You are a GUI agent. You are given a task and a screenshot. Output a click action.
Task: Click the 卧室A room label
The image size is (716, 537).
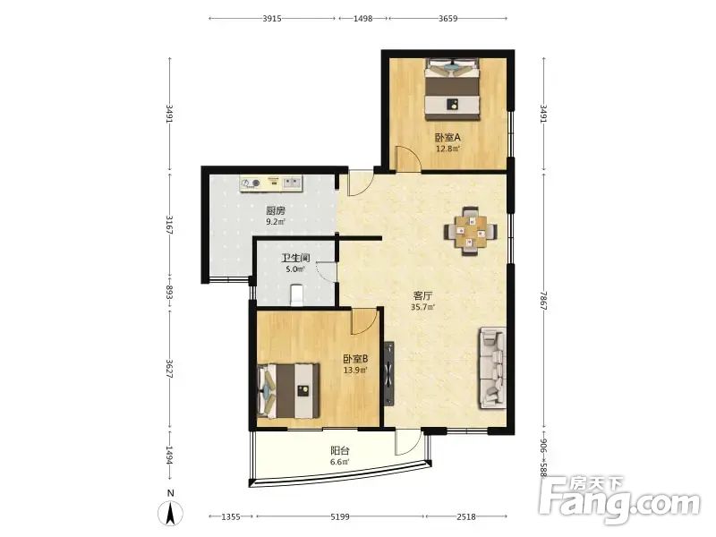pyautogui.click(x=447, y=137)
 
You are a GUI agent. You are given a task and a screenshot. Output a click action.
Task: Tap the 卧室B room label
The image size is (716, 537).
pyautogui.click(x=355, y=359)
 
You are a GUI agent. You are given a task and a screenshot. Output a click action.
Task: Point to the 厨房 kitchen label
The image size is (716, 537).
pyautogui.click(x=276, y=211)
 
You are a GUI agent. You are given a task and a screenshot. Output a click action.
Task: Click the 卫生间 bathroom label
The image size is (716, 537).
pyautogui.click(x=295, y=259)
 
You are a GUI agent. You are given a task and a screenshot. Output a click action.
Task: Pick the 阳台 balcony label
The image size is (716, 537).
pyautogui.click(x=340, y=451)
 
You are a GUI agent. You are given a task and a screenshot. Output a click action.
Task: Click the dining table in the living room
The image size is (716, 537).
pyautogui.click(x=471, y=231)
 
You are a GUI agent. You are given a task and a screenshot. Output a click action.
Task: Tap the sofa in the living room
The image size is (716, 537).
pyautogui.click(x=492, y=368)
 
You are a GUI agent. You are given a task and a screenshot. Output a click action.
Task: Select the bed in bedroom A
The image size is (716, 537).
pyautogui.click(x=453, y=89)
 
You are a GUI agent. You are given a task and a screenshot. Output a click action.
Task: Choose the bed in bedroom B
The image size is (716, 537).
pyautogui.click(x=288, y=390)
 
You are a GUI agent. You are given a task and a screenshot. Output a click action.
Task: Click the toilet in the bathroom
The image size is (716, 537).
pyautogui.click(x=297, y=294)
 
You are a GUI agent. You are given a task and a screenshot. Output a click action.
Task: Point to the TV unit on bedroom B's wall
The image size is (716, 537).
pyautogui.click(x=388, y=373)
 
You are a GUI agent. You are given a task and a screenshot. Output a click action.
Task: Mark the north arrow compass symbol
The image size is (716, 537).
pyautogui.click(x=170, y=512)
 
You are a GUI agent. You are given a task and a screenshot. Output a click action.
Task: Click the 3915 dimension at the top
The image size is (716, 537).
pyautogui.click(x=272, y=19)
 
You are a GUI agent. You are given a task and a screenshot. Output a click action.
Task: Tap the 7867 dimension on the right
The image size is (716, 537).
pyautogui.click(x=543, y=302)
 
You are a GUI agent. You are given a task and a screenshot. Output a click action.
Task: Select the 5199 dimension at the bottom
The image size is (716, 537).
pyautogui.click(x=340, y=517)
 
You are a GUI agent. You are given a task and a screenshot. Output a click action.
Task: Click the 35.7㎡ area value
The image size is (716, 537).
pyautogui.click(x=422, y=307)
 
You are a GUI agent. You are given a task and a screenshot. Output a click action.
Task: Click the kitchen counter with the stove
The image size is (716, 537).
pyautogui.click(x=271, y=183)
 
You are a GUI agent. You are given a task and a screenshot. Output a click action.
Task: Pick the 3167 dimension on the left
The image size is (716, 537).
pyautogui.click(x=169, y=225)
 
